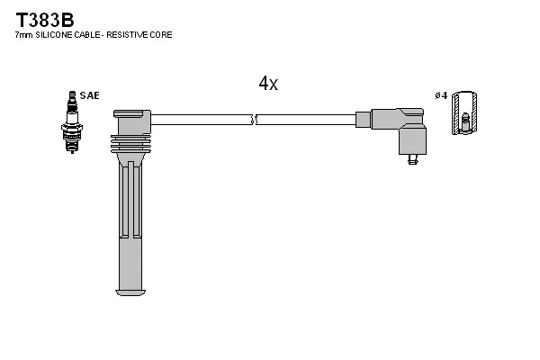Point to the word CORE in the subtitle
pos(162,34)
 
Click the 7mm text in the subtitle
pos(23,34)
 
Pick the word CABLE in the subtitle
pos(93,34)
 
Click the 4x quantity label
pos(268,84)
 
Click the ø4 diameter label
pos(441,95)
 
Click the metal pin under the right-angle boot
pos(412,160)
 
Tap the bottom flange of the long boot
pos(131,292)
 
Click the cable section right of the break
pos(306,119)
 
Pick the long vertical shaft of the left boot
pos(131,225)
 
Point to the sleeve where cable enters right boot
pos(364,119)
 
